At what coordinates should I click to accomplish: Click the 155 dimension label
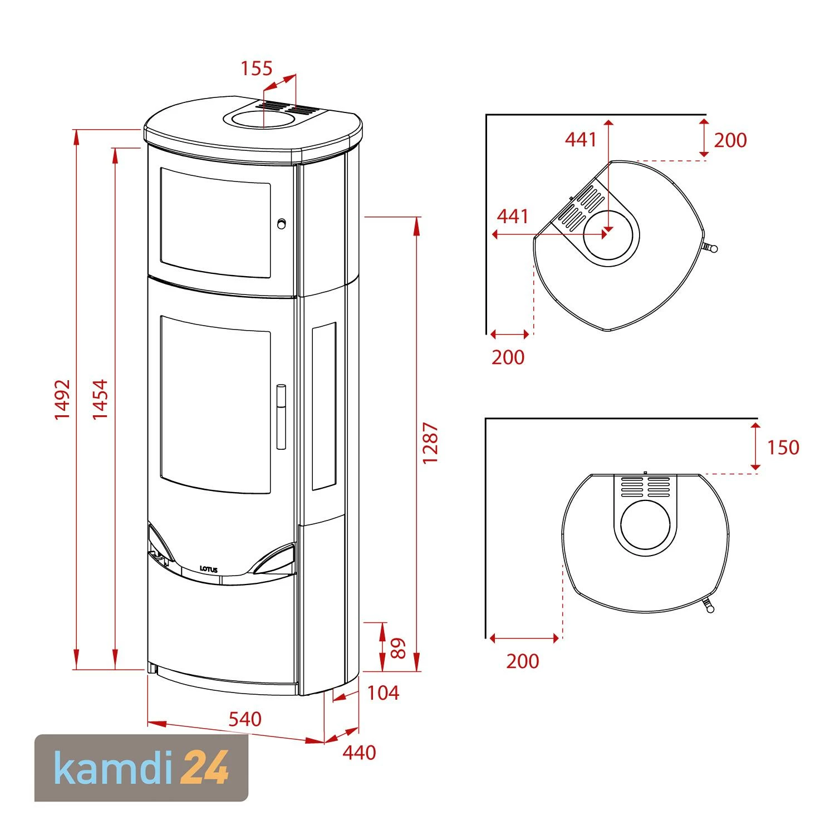[x=256, y=68]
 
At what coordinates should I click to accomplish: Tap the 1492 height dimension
[x=62, y=399]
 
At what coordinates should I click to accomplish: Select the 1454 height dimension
[x=100, y=399]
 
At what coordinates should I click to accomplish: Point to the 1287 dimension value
[x=431, y=444]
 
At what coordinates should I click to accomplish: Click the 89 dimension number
[x=399, y=648]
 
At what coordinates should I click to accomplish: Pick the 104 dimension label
[x=384, y=693]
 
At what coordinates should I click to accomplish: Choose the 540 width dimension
[x=245, y=719]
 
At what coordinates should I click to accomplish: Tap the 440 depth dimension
[x=360, y=753]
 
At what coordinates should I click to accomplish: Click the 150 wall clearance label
[x=783, y=448]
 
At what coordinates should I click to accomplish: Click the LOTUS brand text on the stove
[x=209, y=569]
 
